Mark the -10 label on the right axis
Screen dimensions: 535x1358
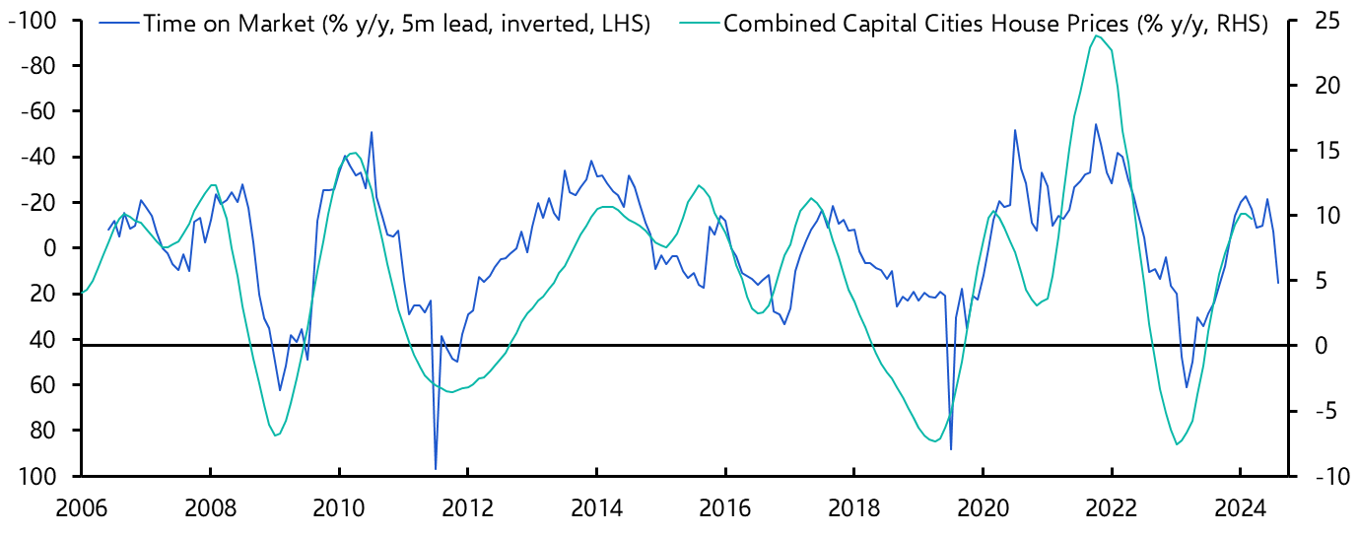tap(1319, 476)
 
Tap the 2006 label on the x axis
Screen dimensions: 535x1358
tap(82, 510)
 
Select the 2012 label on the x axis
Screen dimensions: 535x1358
tap(467, 510)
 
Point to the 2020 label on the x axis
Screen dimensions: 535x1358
tap(982, 510)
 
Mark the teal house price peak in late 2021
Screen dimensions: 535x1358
tap(1097, 35)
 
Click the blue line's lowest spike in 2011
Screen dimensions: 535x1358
tap(436, 469)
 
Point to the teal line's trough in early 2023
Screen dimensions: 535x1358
tap(1177, 444)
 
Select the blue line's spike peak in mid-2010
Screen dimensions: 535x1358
tap(372, 132)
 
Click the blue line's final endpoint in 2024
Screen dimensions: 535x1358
tap(1278, 284)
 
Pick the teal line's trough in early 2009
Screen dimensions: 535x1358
tap(276, 435)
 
